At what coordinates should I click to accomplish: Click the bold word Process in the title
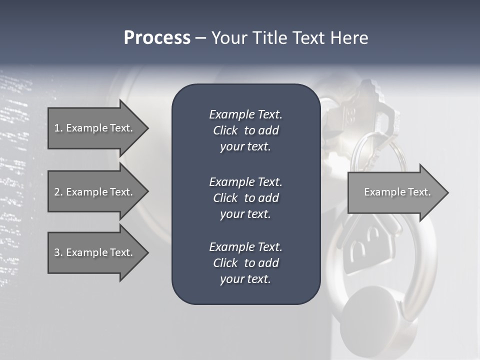coord(157,38)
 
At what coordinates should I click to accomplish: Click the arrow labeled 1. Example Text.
coord(95,128)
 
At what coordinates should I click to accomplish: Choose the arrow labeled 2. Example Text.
coord(95,192)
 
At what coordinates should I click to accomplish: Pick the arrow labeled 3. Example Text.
coord(95,252)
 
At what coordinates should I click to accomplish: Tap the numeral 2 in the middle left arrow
coord(57,192)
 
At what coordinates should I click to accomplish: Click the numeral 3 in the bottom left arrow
coord(57,252)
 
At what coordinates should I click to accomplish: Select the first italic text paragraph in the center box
coord(245,130)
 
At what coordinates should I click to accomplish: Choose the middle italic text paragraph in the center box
coord(245,198)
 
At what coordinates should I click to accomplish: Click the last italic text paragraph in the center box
coord(245,263)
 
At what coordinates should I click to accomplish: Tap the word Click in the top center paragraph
coord(225,130)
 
